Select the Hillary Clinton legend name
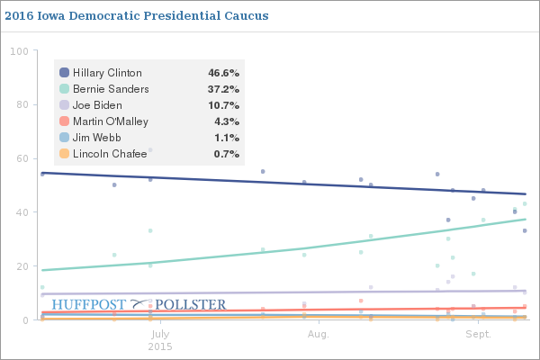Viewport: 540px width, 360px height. pos(107,73)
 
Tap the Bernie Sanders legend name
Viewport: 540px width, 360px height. pos(111,89)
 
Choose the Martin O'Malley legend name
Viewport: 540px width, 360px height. pos(111,121)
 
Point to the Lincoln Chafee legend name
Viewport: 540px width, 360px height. pos(110,154)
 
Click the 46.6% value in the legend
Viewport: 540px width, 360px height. pos(223,73)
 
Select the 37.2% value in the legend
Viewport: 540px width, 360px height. pos(223,89)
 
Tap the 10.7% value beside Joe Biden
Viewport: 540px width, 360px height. pos(223,105)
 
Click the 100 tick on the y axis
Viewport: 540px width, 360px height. pos(19,50)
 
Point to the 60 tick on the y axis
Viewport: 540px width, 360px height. pos(22,158)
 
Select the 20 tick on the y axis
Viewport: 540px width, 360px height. pos(22,266)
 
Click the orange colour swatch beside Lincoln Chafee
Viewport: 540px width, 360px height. pos(64,154)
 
